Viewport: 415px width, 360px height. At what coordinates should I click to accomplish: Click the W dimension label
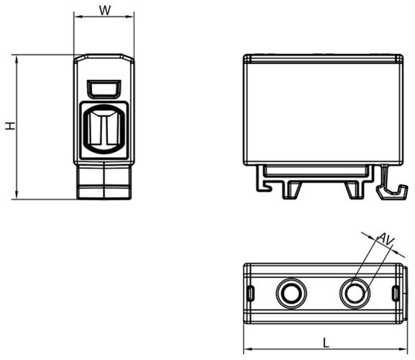tap(105, 10)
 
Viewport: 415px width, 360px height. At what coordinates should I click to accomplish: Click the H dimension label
tap(11, 126)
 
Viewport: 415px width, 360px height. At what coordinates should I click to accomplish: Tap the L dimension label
tap(326, 343)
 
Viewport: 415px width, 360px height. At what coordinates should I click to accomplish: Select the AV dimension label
tap(386, 239)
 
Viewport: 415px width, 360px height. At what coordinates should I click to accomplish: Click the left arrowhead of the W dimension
tap(77, 17)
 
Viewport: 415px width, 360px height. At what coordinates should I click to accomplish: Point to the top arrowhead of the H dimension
tap(17, 59)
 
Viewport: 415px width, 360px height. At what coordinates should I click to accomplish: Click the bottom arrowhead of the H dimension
tap(17, 195)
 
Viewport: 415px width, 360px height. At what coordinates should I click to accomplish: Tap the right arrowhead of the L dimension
tap(403, 349)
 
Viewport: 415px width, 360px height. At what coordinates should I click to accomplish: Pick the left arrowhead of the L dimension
tap(247, 349)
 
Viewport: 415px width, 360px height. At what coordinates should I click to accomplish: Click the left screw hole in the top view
tap(291, 293)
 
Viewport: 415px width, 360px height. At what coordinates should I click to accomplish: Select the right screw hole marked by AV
tap(355, 293)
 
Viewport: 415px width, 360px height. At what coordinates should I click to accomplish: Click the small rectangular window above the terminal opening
tap(104, 89)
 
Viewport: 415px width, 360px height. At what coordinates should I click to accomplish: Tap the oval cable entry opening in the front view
tap(104, 129)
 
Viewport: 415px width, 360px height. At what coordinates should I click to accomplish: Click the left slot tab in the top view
tap(251, 293)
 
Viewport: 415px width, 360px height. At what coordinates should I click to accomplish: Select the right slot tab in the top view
tap(396, 293)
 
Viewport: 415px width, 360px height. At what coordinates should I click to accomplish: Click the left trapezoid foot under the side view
tap(292, 189)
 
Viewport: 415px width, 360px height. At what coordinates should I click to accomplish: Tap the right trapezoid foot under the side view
tap(354, 189)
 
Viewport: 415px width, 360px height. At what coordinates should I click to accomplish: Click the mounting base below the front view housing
tap(104, 181)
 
